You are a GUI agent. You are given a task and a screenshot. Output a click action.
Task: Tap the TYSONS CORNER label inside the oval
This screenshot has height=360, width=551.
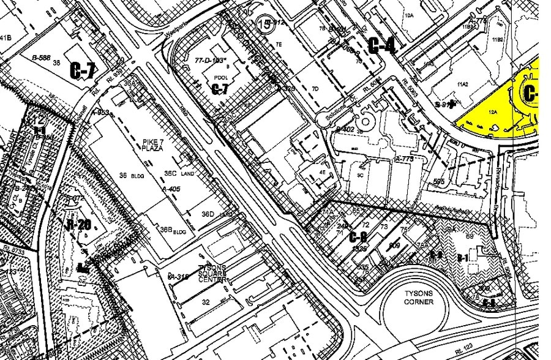(x=419, y=298)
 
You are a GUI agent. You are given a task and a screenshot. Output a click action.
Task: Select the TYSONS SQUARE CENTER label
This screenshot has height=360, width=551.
(x=212, y=273)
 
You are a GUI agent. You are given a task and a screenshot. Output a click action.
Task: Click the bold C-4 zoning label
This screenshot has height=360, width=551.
(x=381, y=44)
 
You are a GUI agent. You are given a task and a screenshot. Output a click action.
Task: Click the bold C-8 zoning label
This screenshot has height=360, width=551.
(x=358, y=237)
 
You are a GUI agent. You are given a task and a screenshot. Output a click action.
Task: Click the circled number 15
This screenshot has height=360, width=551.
(x=264, y=24)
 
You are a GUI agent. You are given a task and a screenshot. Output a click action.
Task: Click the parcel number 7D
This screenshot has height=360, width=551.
(x=315, y=89)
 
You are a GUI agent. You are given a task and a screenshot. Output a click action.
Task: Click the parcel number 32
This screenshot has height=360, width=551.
(x=206, y=302)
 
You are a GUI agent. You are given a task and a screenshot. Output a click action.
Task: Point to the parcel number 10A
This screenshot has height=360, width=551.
(x=409, y=15)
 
